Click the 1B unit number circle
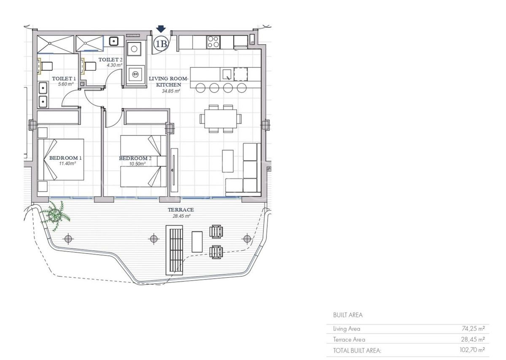point(161,43)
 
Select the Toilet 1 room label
point(64,78)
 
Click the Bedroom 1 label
point(65,158)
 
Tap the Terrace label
point(180,210)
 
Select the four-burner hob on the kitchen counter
point(213,42)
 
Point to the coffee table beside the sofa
point(228,161)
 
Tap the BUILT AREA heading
point(347,315)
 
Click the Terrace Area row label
point(349,339)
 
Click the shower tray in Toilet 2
point(89,43)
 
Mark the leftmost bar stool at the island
point(201,88)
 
